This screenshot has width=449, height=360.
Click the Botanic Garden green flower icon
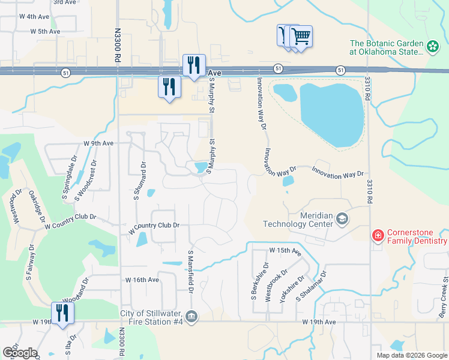(432, 46)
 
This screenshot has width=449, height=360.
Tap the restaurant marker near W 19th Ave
(62, 313)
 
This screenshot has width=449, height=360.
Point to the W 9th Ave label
(98, 143)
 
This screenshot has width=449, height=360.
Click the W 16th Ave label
(142, 280)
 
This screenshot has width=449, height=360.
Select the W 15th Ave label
(285, 250)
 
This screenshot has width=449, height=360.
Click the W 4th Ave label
(33, 16)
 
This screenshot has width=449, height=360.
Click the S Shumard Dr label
(136, 181)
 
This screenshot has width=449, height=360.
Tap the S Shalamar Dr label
(310, 286)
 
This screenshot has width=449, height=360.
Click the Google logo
(20, 352)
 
